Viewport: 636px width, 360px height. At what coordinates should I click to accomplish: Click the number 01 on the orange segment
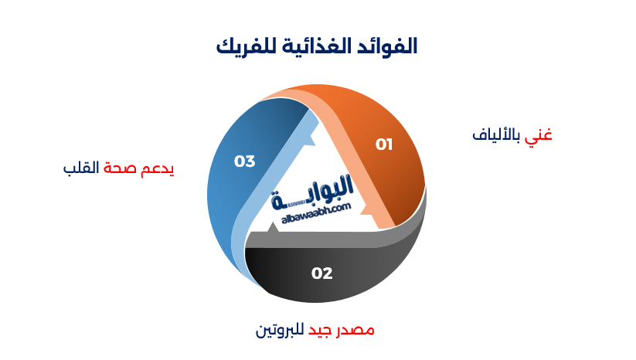tap(384, 144)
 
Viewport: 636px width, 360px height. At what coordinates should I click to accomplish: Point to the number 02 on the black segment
tap(322, 273)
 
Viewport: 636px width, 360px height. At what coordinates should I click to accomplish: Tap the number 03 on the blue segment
tap(245, 161)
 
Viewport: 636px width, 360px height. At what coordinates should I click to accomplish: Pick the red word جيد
tap(321, 331)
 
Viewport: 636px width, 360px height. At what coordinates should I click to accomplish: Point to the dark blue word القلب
tap(82, 168)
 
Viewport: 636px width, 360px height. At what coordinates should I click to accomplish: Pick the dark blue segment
tap(232, 193)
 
